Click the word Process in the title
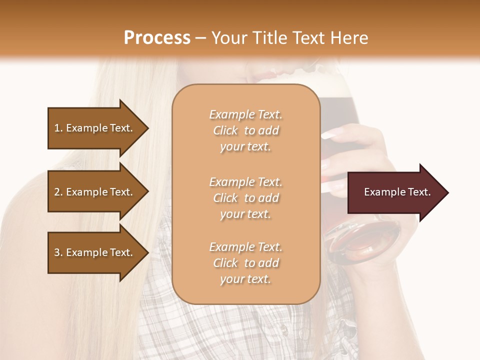pyautogui.click(x=157, y=37)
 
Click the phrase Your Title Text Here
pyautogui.click(x=290, y=37)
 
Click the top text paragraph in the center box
pyautogui.click(x=245, y=130)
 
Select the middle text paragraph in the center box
pyautogui.click(x=245, y=198)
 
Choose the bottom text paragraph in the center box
pyautogui.click(x=245, y=263)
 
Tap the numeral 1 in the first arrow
pyautogui.click(x=56, y=128)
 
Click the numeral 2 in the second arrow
pyautogui.click(x=56, y=192)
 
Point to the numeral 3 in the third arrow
pyautogui.click(x=56, y=252)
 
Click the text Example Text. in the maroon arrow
pyautogui.click(x=397, y=192)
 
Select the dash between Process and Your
pyautogui.click(x=200, y=38)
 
